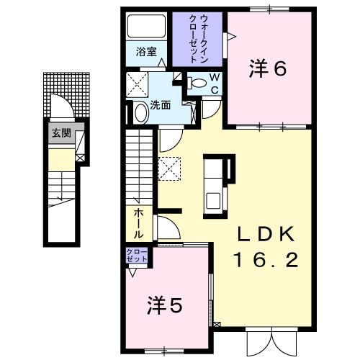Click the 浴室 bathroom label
146,52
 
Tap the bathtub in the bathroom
146,26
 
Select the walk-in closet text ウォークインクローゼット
198,39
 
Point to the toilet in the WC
197,83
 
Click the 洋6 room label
268,68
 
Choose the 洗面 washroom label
161,105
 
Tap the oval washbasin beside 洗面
141,112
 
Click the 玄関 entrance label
61,132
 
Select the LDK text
266,234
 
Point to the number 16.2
266,260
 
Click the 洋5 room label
165,305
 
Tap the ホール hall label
138,223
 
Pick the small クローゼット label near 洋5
137,256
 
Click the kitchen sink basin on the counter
213,201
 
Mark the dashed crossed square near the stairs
169,168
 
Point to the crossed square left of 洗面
137,85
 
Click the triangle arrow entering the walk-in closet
231,37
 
